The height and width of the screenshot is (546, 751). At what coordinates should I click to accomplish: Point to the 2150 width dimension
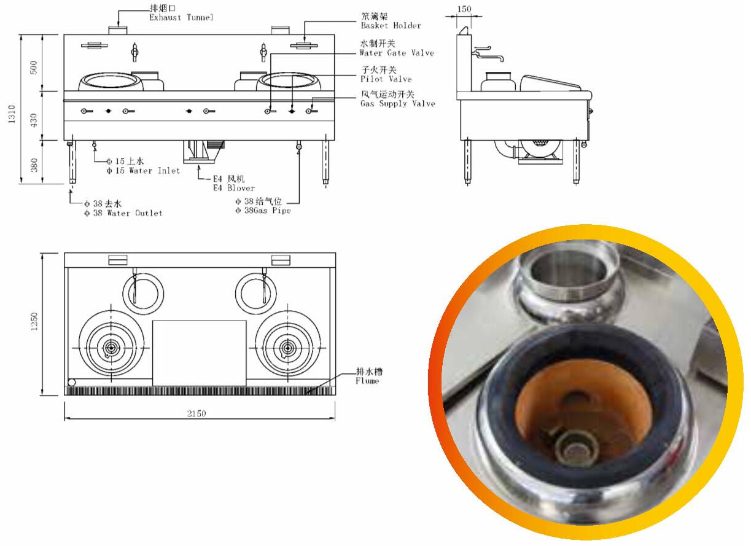(197, 413)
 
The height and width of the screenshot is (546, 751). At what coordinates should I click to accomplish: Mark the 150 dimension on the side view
(465, 9)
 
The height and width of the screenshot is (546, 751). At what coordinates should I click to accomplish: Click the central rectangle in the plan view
(199, 353)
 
